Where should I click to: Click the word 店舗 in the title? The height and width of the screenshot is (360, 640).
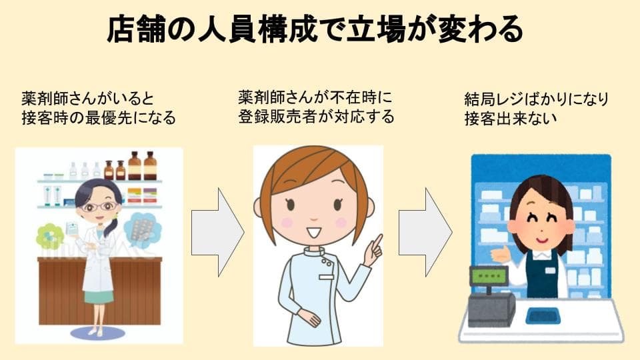[136, 29]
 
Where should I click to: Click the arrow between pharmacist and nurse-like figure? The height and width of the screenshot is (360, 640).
[217, 232]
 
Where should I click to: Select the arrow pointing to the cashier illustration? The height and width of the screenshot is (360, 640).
[425, 232]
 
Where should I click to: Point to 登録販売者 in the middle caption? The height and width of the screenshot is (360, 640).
[277, 117]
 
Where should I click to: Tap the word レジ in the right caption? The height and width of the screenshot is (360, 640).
[512, 99]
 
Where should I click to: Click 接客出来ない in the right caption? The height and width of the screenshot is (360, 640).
[511, 119]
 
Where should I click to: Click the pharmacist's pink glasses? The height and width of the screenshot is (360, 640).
[99, 207]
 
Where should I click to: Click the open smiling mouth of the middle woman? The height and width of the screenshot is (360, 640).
[314, 233]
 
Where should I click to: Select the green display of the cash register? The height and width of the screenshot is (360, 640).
[489, 276]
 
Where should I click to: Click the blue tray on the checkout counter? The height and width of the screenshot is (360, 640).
[543, 316]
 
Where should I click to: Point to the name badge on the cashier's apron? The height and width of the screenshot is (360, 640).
[550, 270]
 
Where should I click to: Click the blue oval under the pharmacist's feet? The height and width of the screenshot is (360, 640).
[98, 333]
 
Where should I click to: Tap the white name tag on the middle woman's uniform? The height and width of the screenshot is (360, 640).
[326, 277]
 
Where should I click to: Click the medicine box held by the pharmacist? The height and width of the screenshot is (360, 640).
[74, 228]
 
